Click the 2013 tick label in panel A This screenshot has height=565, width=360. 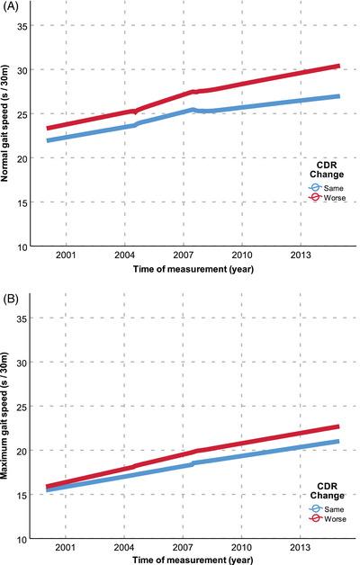point(301,256)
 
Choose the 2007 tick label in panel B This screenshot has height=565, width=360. point(184,548)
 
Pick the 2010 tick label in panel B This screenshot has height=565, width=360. point(242,548)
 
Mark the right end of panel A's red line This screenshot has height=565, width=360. point(339,66)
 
